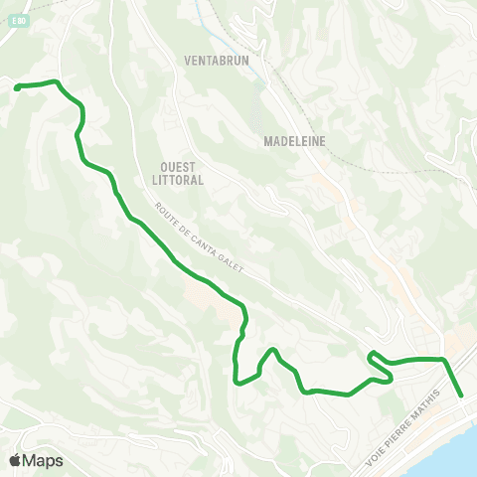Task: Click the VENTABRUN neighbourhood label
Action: pos(217,60)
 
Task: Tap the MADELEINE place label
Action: pos(295,141)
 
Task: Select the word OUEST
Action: pos(180,167)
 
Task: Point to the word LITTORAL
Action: pos(180,181)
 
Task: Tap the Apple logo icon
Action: pos(15,460)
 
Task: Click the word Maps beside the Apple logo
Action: pos(43,461)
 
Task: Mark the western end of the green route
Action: pos(17,88)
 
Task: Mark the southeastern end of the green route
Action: pos(461,396)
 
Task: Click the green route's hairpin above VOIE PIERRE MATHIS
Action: pos(371,355)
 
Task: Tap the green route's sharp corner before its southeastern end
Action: pos(442,359)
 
